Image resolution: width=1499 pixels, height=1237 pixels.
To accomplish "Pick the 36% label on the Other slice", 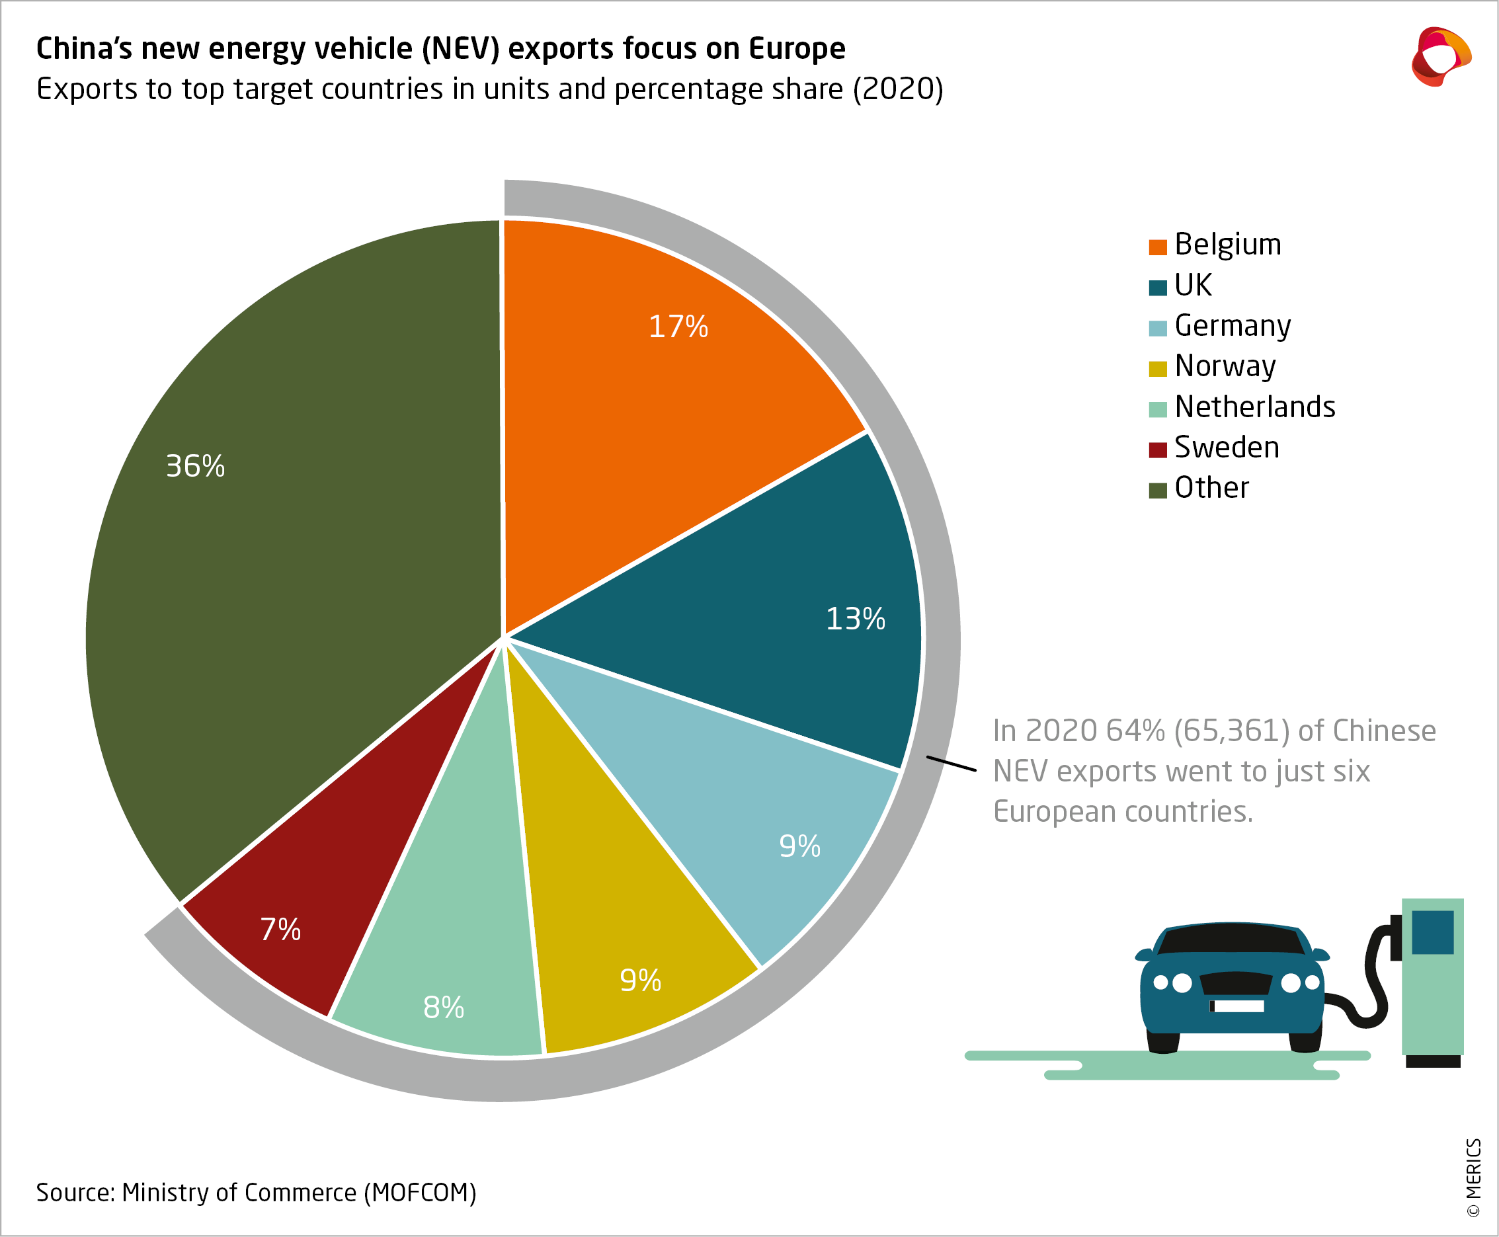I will [195, 467].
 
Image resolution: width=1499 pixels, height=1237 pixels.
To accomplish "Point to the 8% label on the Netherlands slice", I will [443, 1008].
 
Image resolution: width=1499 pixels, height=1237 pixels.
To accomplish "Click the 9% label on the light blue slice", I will [799, 846].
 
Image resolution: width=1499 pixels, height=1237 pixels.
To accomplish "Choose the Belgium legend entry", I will [1227, 245].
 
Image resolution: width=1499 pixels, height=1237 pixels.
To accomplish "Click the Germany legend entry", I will [1232, 327].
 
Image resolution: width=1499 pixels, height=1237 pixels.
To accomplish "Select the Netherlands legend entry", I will [1254, 407].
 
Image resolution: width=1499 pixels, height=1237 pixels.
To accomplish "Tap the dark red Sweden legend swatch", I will [1158, 450].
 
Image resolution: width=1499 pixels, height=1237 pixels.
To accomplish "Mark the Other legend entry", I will [1211, 489].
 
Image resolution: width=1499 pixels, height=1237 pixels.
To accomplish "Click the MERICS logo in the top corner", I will [1440, 57].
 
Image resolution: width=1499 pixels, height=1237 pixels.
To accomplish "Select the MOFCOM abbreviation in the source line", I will [420, 1192].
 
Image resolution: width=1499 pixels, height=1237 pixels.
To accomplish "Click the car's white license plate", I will [1238, 1006].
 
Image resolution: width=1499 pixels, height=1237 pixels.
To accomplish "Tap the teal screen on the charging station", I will [1432, 932].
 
